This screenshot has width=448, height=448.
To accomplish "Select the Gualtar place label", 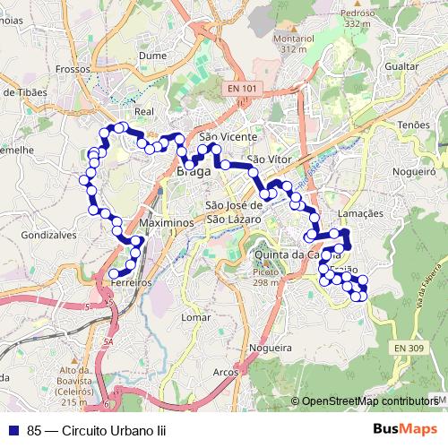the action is click(x=400, y=67).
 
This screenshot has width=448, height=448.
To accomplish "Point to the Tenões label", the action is click(x=414, y=125).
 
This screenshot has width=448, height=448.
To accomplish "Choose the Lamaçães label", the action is click(x=361, y=214).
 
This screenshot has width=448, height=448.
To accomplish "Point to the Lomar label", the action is click(x=195, y=317).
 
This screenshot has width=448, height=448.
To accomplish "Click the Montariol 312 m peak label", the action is click(x=295, y=43).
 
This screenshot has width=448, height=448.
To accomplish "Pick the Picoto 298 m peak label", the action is click(x=265, y=276).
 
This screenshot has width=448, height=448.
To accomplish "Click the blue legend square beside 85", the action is click(x=13, y=430).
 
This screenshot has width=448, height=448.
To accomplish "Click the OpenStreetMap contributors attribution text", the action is click(x=369, y=401).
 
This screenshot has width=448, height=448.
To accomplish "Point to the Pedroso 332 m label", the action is click(x=357, y=18).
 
